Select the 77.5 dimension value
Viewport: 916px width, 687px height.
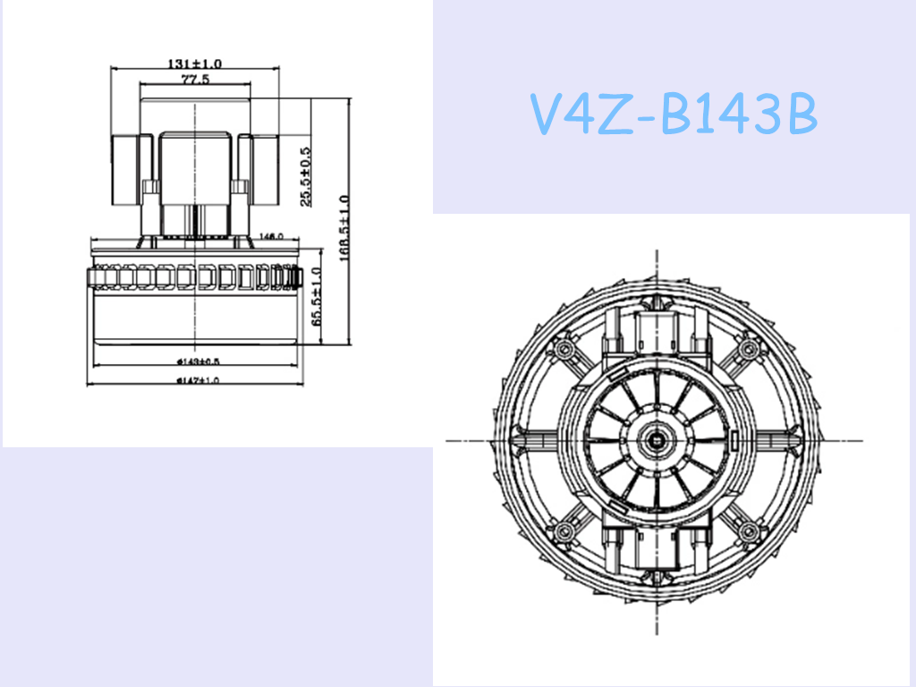click(195, 80)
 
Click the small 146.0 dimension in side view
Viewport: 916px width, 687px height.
click(270, 236)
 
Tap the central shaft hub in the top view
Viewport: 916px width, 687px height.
click(660, 439)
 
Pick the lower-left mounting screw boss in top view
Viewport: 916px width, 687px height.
click(564, 533)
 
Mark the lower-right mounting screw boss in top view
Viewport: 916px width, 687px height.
click(748, 533)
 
